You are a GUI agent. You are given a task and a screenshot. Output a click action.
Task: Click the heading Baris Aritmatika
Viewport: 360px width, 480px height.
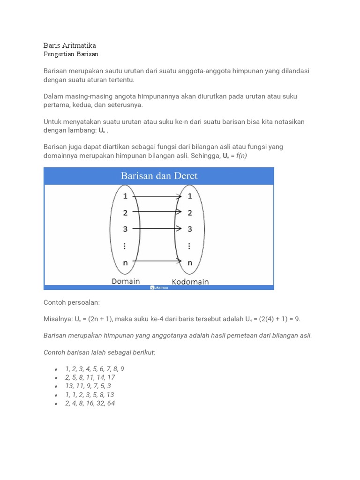(69, 45)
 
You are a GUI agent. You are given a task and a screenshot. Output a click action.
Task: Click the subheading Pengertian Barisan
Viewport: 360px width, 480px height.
(71, 54)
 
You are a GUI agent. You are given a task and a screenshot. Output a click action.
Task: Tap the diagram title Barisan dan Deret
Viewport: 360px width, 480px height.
(159, 176)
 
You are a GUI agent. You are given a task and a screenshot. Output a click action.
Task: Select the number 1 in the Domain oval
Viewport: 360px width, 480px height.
(125, 196)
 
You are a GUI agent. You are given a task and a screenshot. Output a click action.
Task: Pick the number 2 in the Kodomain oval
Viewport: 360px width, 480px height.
(190, 212)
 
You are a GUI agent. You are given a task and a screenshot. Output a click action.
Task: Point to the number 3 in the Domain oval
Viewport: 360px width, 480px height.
(125, 229)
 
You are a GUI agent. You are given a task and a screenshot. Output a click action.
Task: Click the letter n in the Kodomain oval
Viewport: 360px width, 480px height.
(190, 263)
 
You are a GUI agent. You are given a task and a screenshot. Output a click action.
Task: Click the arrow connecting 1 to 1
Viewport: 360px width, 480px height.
(157, 196)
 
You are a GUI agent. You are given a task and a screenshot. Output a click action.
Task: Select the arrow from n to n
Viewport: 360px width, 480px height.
(157, 261)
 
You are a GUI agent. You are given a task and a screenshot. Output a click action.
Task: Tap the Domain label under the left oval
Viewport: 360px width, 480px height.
(126, 281)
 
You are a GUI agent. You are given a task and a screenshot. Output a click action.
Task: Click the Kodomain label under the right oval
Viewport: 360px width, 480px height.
(190, 282)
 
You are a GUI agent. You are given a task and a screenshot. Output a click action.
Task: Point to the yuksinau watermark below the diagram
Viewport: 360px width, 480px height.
(159, 287)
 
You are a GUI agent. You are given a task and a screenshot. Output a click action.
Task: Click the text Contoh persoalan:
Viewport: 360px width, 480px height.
(72, 303)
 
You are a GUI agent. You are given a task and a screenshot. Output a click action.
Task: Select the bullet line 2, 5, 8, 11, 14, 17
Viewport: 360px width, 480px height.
(90, 377)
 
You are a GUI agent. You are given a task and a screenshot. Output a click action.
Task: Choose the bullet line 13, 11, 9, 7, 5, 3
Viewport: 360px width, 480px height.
(88, 386)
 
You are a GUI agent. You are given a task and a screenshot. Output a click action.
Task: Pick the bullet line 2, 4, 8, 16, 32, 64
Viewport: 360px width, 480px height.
(90, 403)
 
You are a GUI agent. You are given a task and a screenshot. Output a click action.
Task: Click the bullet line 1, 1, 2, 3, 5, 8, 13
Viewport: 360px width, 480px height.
(90, 395)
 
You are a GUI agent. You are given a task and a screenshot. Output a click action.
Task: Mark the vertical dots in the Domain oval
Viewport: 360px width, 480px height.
(125, 246)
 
